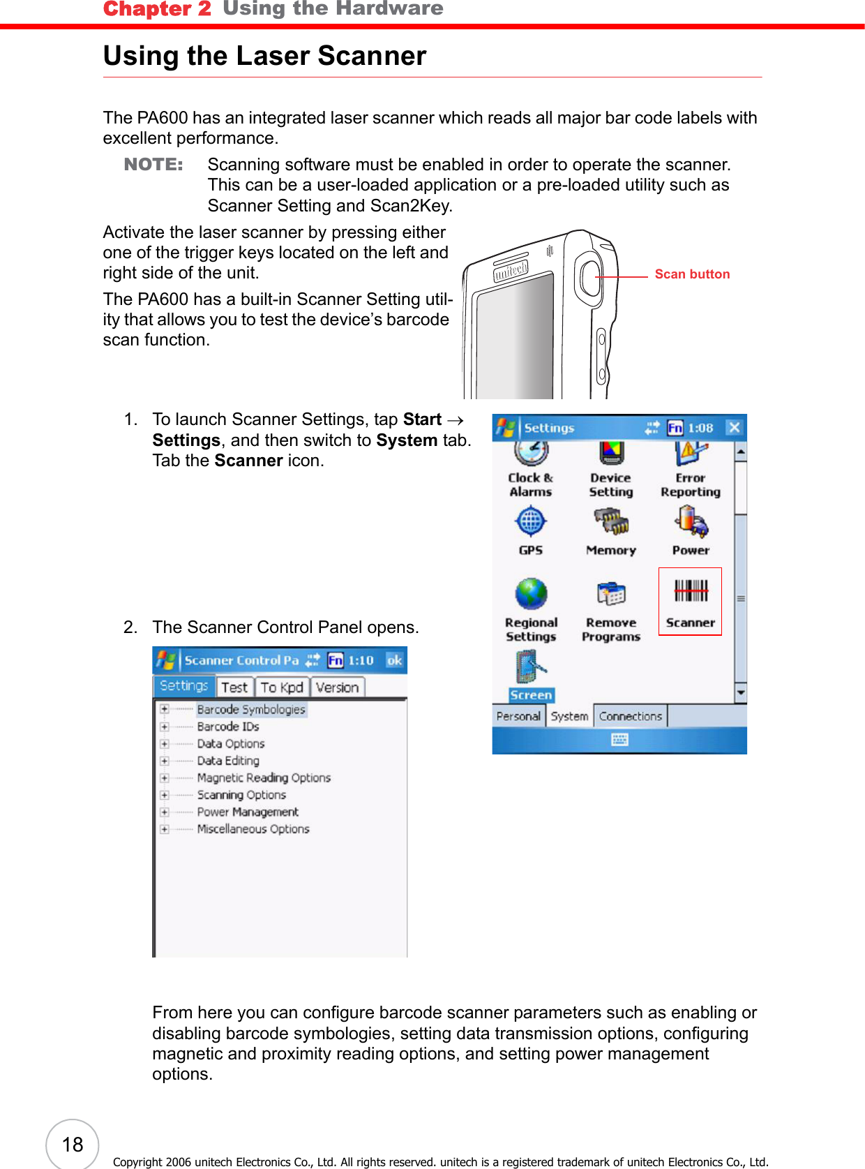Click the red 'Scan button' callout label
pos(692,274)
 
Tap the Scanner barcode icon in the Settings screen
pos(691,592)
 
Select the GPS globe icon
pos(531,522)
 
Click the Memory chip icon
pos(611,522)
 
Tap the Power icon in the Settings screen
pos(691,522)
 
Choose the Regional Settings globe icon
pos(531,595)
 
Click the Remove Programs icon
pos(611,595)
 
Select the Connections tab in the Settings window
pos(630,716)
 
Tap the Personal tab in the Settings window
pos(518,716)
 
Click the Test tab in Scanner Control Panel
pos(234,687)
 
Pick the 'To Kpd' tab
pos(282,687)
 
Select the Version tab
pos(337,687)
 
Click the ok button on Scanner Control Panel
pos(395,660)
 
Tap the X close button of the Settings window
pos(734,428)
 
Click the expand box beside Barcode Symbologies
pos(165,710)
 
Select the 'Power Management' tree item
pos(248,812)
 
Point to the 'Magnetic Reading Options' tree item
pos(264,778)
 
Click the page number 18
pos(73,1145)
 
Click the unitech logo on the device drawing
pos(511,271)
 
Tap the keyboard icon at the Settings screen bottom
pos(619,740)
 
